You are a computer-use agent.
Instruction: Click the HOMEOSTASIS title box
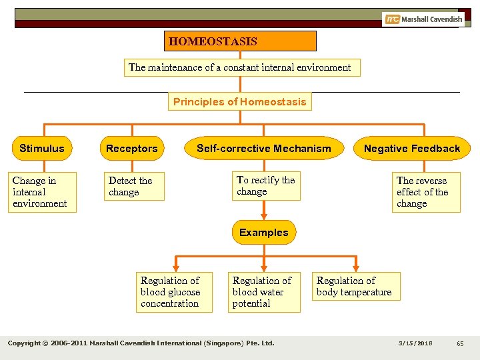point(241,41)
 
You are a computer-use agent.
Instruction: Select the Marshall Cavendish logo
point(423,19)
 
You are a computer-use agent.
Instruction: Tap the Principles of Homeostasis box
point(240,102)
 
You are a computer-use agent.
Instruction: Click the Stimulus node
point(42,148)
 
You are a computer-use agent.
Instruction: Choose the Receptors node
point(132,148)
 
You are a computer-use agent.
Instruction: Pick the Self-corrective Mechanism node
point(264,148)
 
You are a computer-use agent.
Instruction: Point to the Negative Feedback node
point(412,148)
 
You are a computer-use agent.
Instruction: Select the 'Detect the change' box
point(135,187)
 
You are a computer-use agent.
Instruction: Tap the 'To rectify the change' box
point(266,186)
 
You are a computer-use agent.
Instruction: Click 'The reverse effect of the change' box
point(425,192)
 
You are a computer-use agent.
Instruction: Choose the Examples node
point(264,233)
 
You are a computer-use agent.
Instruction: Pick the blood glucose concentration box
point(174,292)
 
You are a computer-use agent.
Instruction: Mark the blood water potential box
point(265,292)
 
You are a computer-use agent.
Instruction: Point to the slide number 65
point(460,343)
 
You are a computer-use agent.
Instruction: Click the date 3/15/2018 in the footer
point(415,343)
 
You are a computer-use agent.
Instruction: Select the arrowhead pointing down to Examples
point(265,216)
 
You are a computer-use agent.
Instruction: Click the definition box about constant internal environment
point(241,67)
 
